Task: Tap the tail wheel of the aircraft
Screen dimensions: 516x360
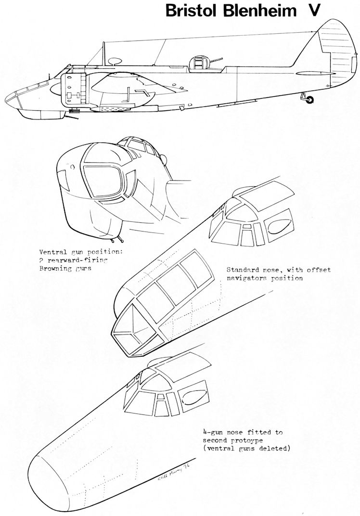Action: [x=309, y=100]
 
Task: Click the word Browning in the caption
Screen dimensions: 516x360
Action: [x=57, y=269]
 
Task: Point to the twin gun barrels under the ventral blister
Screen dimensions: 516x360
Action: [x=117, y=239]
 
